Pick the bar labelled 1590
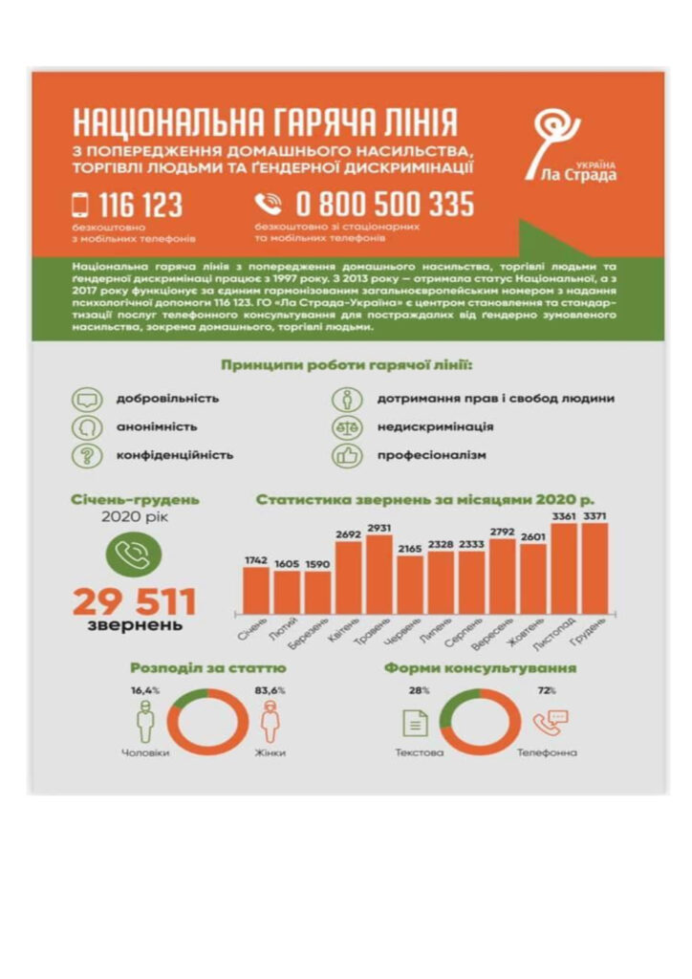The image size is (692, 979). pos(317,592)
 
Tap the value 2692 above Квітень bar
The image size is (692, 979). pos(348,534)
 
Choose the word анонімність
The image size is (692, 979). pos(157,426)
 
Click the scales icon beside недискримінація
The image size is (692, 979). pos(347,426)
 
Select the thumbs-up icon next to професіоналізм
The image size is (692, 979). pos(347,455)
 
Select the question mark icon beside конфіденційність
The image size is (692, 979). pos(87,455)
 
